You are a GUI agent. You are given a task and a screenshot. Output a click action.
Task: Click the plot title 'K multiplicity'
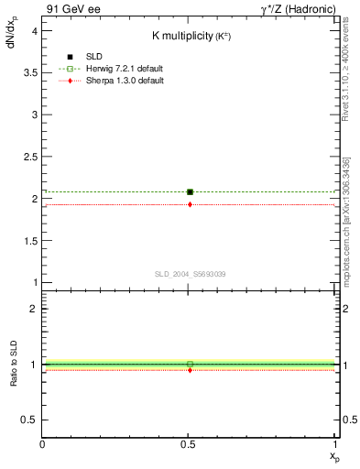point(183,36)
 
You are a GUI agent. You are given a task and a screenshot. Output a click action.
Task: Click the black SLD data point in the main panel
point(190,191)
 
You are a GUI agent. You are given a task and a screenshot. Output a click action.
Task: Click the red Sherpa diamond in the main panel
point(190,204)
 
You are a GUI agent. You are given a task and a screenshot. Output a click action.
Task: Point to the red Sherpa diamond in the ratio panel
point(190,370)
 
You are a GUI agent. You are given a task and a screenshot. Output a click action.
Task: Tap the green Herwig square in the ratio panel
point(190,364)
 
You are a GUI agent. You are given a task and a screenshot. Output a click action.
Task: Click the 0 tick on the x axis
point(43,446)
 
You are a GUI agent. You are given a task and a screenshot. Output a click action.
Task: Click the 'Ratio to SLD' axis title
point(13,365)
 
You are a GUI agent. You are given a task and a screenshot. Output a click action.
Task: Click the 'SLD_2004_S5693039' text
point(190,274)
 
